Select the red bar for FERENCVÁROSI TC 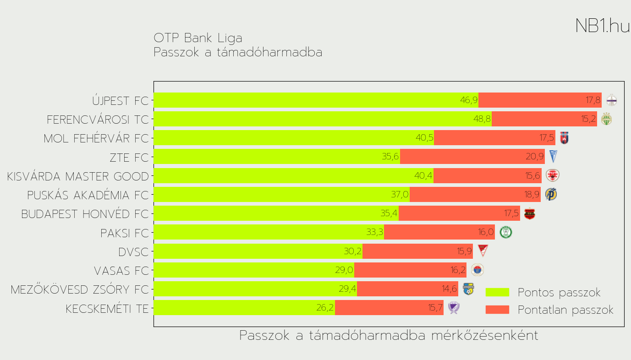pyautogui.click(x=544, y=119)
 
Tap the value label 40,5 pyautogui.click(x=424, y=138)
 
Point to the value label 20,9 pyautogui.click(x=535, y=157)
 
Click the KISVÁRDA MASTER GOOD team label pyautogui.click(x=78, y=176)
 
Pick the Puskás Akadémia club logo pyautogui.click(x=551, y=194)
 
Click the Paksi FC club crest pyautogui.click(x=505, y=232)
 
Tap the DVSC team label pyautogui.click(x=133, y=252)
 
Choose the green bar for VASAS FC pyautogui.click(x=253, y=270)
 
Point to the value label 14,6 pyautogui.click(x=449, y=289)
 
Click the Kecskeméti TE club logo pyautogui.click(x=453, y=307)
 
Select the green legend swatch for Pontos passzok pyautogui.click(x=497, y=292)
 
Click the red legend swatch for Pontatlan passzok pyautogui.click(x=497, y=310)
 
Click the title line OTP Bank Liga pyautogui.click(x=198, y=38)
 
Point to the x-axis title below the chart pyautogui.click(x=389, y=336)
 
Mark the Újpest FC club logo pyautogui.click(x=612, y=100)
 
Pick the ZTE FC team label pyautogui.click(x=129, y=158)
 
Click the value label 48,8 pyautogui.click(x=482, y=119)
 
